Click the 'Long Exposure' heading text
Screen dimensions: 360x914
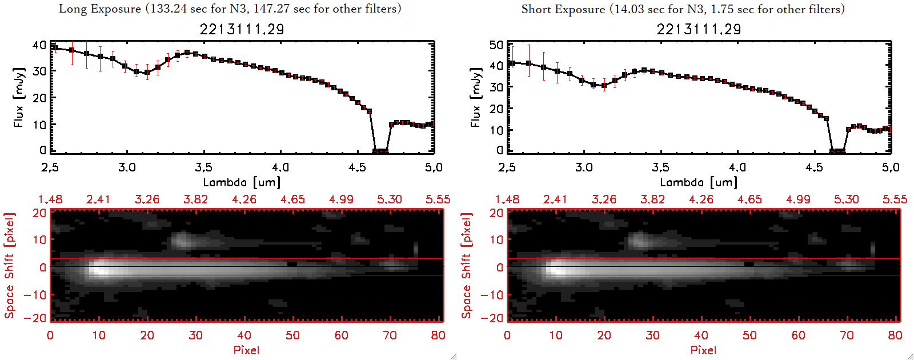coord(100,9)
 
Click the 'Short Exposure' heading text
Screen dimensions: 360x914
coord(563,9)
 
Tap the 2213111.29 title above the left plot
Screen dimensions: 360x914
coord(242,29)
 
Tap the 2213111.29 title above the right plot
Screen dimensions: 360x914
coord(699,29)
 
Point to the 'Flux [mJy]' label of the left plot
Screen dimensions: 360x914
coord(19,97)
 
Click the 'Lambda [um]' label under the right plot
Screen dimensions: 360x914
coord(699,182)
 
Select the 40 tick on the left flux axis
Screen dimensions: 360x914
coord(39,45)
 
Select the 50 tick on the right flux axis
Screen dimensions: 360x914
coord(496,45)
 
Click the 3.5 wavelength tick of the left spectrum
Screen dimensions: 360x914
coord(203,167)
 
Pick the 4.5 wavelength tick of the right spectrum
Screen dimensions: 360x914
coord(814,167)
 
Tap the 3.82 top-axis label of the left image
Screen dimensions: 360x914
coord(195,199)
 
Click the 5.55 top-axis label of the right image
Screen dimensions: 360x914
coord(895,199)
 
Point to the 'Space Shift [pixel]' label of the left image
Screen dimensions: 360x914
coord(10,266)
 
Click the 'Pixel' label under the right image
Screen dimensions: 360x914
coord(703,350)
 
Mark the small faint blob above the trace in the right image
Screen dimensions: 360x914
coord(639,240)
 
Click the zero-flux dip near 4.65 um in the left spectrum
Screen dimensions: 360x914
coord(380,151)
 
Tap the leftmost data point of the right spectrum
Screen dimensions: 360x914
coord(512,63)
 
